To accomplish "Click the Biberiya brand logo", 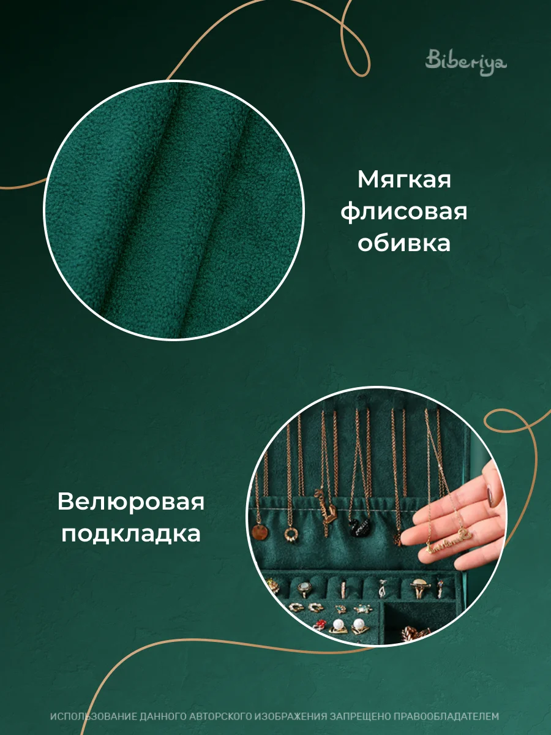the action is pyautogui.click(x=466, y=62).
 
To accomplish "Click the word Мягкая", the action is pyautogui.click(x=404, y=181).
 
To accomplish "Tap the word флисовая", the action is pyautogui.click(x=404, y=213).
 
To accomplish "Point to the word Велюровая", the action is pyautogui.click(x=131, y=502).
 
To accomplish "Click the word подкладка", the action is pyautogui.click(x=131, y=533).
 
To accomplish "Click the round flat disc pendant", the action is pyautogui.click(x=260, y=532).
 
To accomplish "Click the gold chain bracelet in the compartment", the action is pyautogui.click(x=415, y=632).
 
